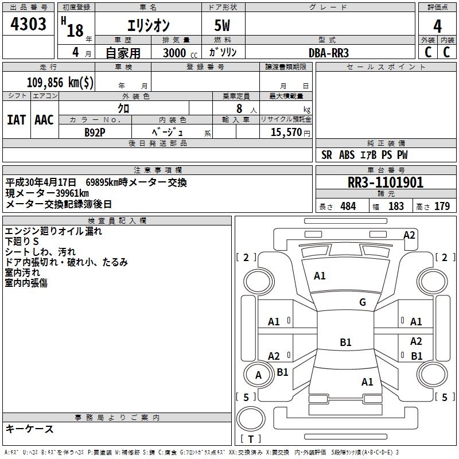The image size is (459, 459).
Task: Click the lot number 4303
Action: [28, 25]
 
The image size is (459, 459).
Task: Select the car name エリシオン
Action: [147, 26]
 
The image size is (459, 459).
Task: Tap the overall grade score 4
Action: [437, 26]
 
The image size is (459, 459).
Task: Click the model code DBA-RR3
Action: [329, 52]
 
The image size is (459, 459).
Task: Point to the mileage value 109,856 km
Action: [60, 82]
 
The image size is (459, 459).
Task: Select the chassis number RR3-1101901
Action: [386, 182]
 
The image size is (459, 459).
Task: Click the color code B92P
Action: [95, 131]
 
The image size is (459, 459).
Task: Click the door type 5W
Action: [223, 26]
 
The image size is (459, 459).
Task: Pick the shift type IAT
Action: [16, 119]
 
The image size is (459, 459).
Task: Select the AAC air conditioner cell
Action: [44, 119]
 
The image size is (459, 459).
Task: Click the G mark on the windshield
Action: [362, 302]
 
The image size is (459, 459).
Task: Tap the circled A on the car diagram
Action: [258, 375]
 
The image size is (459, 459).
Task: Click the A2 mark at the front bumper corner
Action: [409, 235]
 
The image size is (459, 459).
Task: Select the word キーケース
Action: [29, 429]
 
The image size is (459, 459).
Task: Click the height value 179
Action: [442, 206]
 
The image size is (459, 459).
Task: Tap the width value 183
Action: [396, 206]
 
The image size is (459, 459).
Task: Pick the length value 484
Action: [348, 206]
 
